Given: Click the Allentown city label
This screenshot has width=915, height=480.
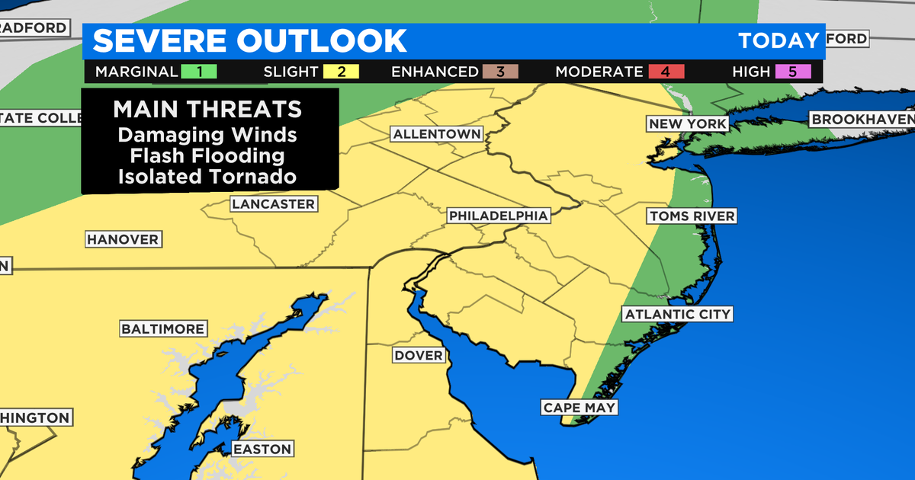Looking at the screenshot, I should click(x=437, y=134).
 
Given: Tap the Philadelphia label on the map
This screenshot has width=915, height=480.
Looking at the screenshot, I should click(x=498, y=216).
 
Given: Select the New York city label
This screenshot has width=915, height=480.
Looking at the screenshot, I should click(x=687, y=123).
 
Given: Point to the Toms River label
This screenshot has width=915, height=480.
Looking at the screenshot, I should click(x=692, y=216).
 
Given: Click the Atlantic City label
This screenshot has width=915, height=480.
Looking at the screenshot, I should click(x=677, y=314).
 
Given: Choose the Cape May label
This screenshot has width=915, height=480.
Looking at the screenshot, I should click(x=579, y=408).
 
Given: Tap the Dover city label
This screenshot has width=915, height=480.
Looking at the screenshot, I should click(x=418, y=356).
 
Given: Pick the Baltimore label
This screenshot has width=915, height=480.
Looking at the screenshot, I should click(x=163, y=329).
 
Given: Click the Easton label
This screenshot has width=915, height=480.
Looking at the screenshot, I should click(x=262, y=449).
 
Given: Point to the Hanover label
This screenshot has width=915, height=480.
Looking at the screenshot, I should click(x=123, y=239).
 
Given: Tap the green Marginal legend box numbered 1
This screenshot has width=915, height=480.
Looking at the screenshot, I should click(x=199, y=72).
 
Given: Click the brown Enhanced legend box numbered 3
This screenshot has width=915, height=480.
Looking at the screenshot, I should click(x=500, y=72).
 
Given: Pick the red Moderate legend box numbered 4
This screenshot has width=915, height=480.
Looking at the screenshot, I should click(x=666, y=72).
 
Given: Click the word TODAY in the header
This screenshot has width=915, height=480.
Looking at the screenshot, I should click(x=778, y=40).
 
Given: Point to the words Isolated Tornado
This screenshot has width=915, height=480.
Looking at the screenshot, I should click(x=207, y=177).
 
